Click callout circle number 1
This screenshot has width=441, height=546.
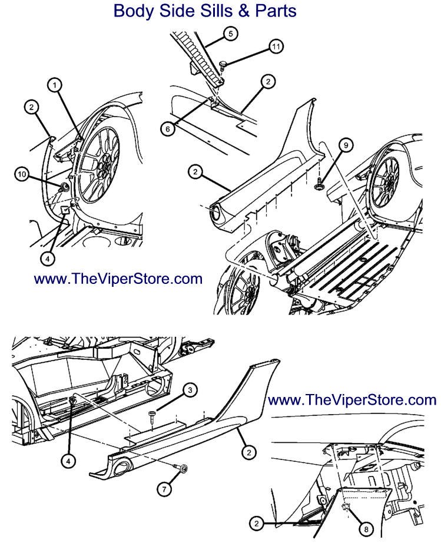(x=54, y=86)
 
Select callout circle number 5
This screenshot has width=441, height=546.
(x=231, y=34)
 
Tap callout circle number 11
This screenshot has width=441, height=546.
(x=276, y=46)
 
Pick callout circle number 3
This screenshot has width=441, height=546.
(x=190, y=390)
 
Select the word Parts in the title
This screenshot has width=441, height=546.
(x=276, y=11)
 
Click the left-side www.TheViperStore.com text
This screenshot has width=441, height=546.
(x=118, y=279)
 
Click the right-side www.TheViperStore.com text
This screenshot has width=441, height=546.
(x=352, y=401)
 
